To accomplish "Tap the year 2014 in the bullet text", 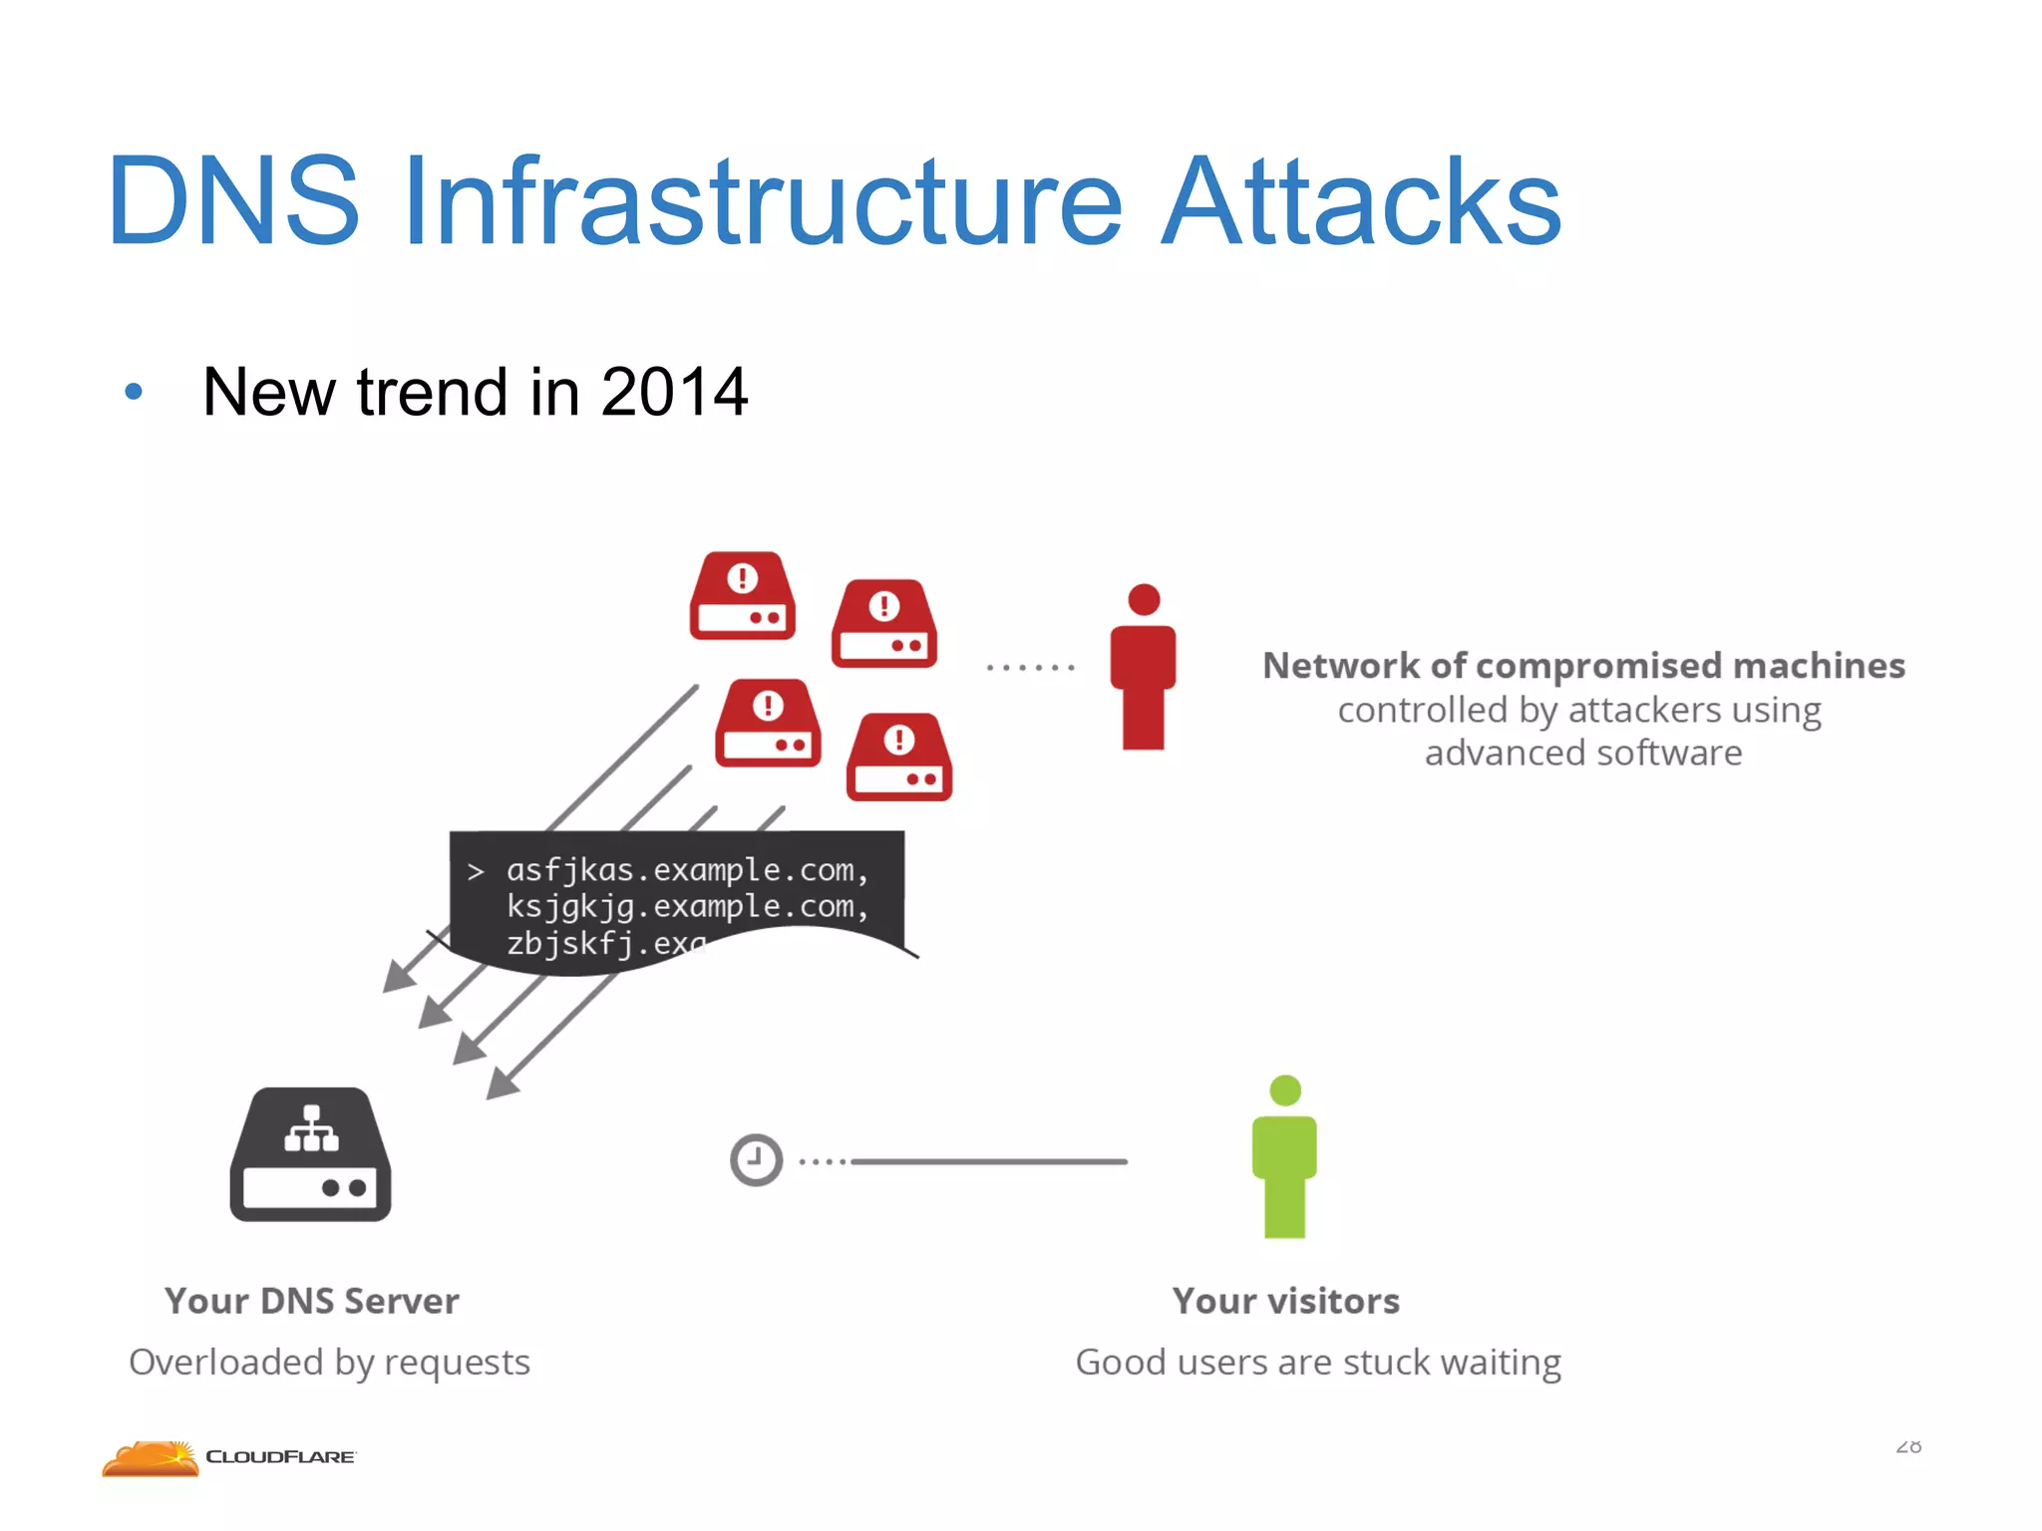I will click(674, 392).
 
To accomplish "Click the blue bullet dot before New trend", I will click(134, 392).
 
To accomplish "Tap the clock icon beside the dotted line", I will click(756, 1160).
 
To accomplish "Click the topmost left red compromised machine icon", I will click(742, 596).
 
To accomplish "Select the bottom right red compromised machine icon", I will click(898, 758).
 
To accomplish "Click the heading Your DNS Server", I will click(311, 1301).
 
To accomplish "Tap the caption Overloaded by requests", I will click(329, 1362).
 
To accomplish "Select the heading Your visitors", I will click(1285, 1301).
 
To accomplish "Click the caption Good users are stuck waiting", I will click(1317, 1362).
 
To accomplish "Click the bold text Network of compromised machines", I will click(1583, 665).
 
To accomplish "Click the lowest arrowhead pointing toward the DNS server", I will click(502, 1083).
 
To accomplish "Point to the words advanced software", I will click(1583, 753).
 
